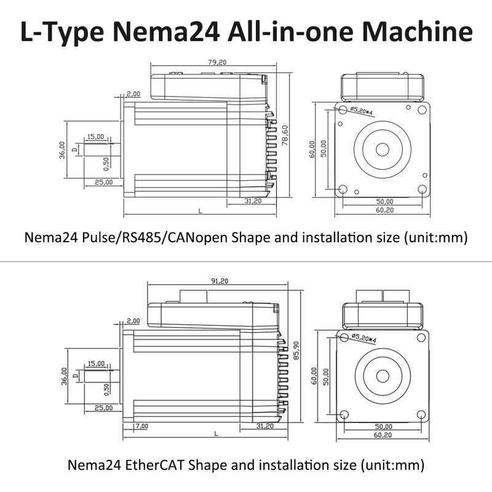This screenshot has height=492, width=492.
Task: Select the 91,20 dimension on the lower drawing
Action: pyautogui.click(x=219, y=281)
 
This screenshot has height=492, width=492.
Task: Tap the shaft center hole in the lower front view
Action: pyautogui.click(x=383, y=376)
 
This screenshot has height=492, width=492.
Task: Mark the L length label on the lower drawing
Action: pyautogui.click(x=216, y=434)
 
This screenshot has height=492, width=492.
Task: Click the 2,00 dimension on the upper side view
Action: pyautogui.click(x=133, y=94)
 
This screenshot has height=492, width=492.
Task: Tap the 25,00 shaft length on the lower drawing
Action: pyautogui.click(x=103, y=408)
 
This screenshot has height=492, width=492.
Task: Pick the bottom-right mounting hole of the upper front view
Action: pyautogui.click(x=421, y=189)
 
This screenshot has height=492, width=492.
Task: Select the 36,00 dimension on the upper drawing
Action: pyautogui.click(x=62, y=149)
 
